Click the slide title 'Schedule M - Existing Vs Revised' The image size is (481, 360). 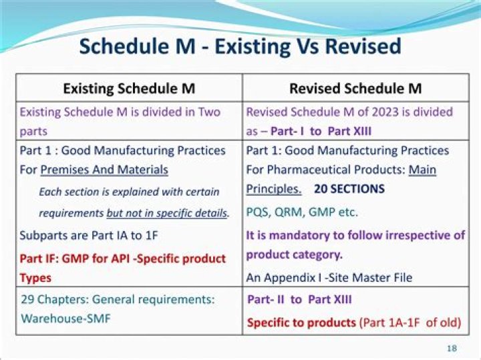tap(240, 46)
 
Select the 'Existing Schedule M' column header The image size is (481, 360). tap(128, 88)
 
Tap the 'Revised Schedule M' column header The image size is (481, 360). tap(355, 88)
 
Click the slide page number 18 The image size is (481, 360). tap(451, 349)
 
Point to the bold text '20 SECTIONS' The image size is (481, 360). tap(349, 189)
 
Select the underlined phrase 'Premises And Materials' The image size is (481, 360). tap(104, 170)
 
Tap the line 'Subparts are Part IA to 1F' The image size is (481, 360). tap(89, 235)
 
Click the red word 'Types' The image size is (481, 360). tap(35, 277)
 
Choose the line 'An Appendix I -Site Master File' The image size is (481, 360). tap(329, 277)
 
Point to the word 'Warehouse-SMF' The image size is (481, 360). tap(66, 319)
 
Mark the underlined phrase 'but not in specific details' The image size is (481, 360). tap(166, 214)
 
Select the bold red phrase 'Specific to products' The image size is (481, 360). tap(301, 323)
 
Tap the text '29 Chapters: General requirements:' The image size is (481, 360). tap(118, 300)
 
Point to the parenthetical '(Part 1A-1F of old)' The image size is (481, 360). tap(410, 323)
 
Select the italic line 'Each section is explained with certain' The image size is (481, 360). tap(129, 192)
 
